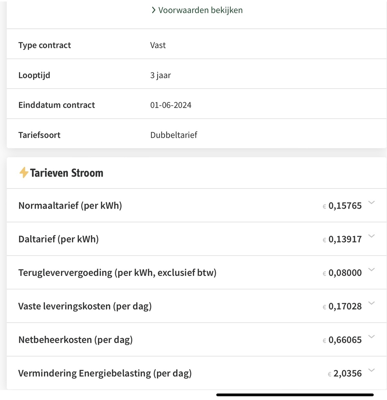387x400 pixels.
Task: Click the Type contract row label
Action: (45, 45)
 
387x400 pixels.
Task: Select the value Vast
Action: (158, 45)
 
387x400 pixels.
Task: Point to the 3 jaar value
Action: (161, 75)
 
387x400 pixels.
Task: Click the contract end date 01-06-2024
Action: (171, 105)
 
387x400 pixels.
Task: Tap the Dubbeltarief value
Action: (174, 135)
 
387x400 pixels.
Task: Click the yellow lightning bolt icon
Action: (23, 173)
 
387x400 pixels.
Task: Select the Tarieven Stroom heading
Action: (67, 173)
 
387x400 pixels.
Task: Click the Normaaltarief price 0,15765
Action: (345, 206)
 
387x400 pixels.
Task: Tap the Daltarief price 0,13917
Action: (345, 239)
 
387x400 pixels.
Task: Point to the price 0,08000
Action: (345, 273)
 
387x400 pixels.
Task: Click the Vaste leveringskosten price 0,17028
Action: (345, 306)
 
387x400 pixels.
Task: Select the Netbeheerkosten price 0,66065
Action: (345, 340)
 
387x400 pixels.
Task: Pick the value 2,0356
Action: (347, 373)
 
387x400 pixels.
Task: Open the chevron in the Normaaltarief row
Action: (372, 202)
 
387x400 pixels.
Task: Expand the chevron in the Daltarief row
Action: (372, 236)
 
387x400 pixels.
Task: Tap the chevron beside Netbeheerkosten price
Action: (372, 337)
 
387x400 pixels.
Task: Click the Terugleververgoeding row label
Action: (117, 273)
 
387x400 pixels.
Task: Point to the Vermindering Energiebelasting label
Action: (105, 373)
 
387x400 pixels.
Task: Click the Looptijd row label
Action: (34, 75)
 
